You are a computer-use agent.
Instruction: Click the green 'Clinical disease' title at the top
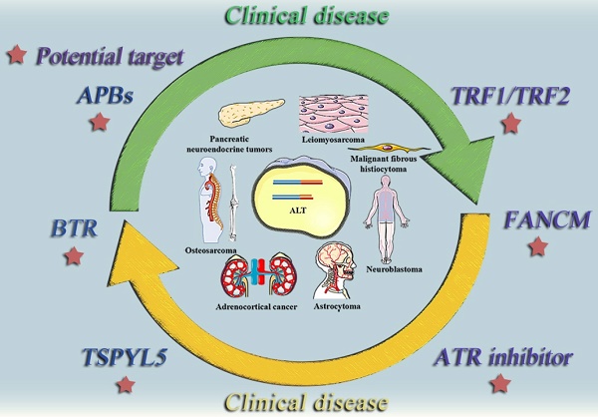point(298,16)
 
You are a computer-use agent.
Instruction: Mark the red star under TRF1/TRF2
point(511,124)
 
